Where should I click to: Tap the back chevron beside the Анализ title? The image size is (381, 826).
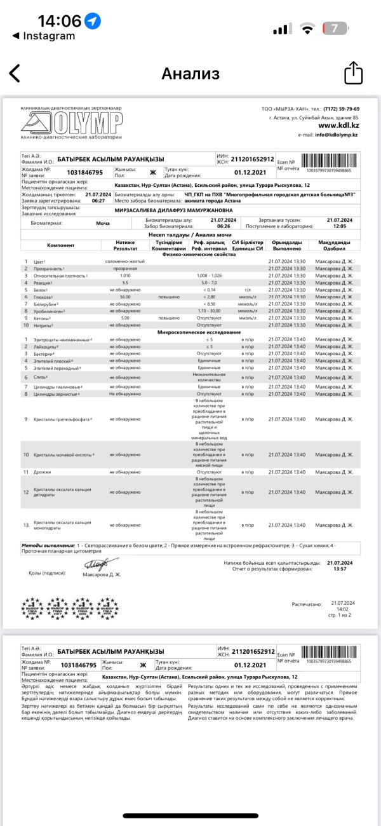(14, 74)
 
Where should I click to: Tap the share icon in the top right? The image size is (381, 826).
(353, 73)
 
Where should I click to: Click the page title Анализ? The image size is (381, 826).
(190, 74)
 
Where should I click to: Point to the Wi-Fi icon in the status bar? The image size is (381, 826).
(308, 29)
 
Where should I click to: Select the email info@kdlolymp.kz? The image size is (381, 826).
(337, 135)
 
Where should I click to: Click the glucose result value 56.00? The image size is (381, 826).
(124, 297)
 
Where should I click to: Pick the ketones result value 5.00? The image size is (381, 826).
(124, 318)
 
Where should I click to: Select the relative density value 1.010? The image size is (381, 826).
(124, 275)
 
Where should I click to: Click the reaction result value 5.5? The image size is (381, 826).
(124, 282)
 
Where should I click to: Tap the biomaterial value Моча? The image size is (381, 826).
(102, 224)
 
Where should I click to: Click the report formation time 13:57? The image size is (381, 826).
(339, 569)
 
